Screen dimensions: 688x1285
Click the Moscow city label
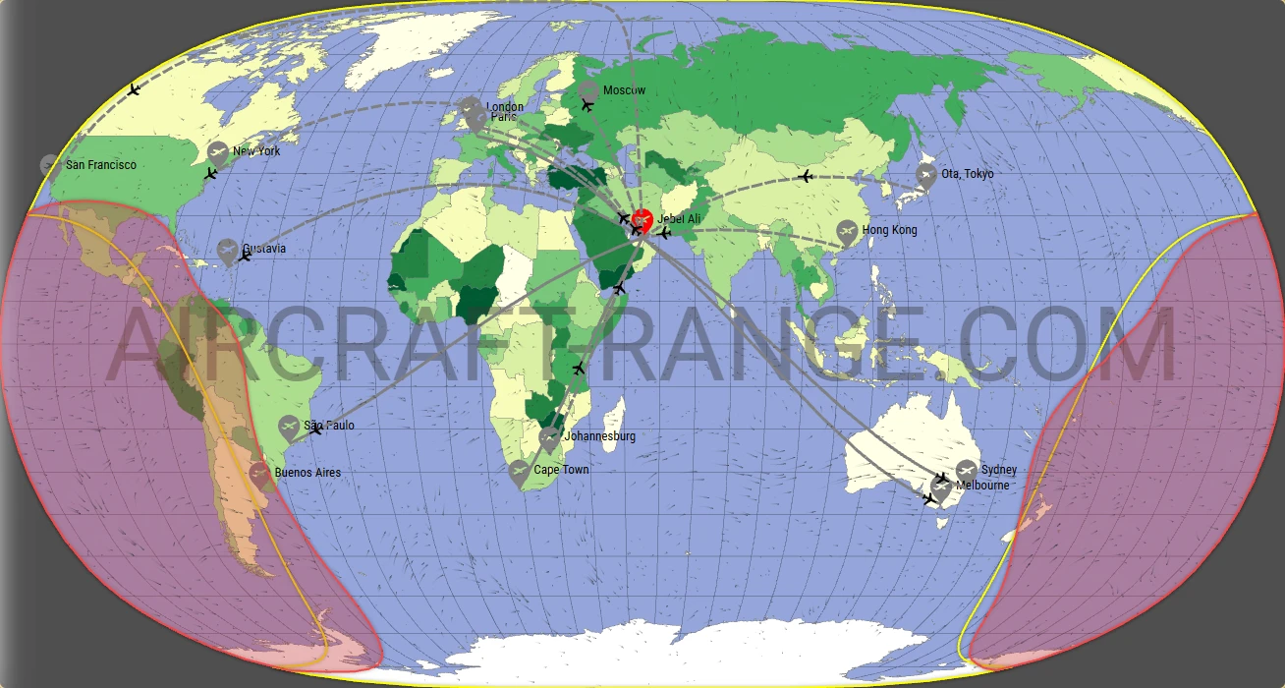(x=624, y=90)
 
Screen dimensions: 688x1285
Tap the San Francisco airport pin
(x=51, y=164)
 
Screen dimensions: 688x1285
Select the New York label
(x=256, y=151)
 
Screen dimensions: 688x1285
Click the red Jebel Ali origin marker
(x=642, y=220)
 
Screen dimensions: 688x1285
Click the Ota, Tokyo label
(x=967, y=174)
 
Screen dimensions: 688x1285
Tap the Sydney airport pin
(x=967, y=470)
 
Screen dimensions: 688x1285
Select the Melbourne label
(x=982, y=486)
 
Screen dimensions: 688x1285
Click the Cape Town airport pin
(x=519, y=473)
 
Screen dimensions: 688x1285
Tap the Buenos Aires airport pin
(x=259, y=475)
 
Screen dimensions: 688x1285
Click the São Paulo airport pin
(x=288, y=428)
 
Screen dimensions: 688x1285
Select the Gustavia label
(x=264, y=249)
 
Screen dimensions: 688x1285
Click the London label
(x=505, y=106)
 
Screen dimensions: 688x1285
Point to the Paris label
(x=503, y=117)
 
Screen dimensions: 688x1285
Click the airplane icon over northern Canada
(x=134, y=90)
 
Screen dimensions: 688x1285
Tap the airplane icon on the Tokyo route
(x=806, y=177)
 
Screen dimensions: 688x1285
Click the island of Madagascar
(x=612, y=425)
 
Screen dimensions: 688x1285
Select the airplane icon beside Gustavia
(x=245, y=256)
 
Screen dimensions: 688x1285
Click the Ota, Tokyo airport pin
(x=925, y=175)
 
